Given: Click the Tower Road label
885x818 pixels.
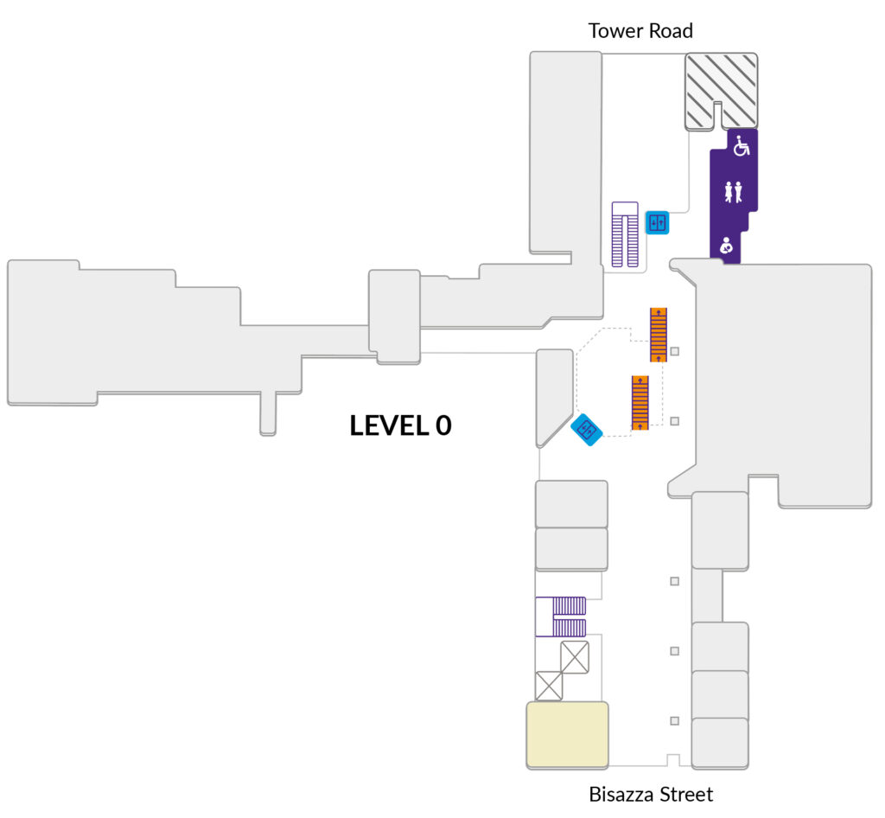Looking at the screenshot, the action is pyautogui.click(x=640, y=30).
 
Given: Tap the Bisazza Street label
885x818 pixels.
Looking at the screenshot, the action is pyautogui.click(x=651, y=795).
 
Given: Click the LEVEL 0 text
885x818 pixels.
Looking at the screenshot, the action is pyautogui.click(x=401, y=425).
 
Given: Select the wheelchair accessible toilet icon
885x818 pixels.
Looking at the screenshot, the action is pyautogui.click(x=742, y=145).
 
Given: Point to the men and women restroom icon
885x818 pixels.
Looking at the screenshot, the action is pyautogui.click(x=733, y=192).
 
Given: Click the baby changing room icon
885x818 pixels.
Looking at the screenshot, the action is pyautogui.click(x=726, y=246).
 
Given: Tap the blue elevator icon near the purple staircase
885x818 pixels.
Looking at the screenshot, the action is pyautogui.click(x=657, y=222).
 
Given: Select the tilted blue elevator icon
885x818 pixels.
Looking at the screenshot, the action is pyautogui.click(x=587, y=430).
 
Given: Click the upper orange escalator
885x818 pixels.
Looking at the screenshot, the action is pyautogui.click(x=659, y=335).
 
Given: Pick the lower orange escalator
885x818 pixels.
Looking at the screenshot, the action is pyautogui.click(x=640, y=402).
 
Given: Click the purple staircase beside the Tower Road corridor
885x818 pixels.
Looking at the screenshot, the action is pyautogui.click(x=625, y=234).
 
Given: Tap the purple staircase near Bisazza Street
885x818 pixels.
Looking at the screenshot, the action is pyautogui.click(x=560, y=617).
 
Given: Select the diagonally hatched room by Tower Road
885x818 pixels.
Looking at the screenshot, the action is pyautogui.click(x=722, y=91).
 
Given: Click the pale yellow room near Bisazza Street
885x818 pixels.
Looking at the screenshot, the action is pyautogui.click(x=567, y=734).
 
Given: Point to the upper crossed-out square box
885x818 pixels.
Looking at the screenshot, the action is pyautogui.click(x=575, y=657).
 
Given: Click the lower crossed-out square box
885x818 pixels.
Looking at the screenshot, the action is pyautogui.click(x=549, y=686).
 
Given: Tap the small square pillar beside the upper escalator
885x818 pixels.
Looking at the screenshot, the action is pyautogui.click(x=674, y=351).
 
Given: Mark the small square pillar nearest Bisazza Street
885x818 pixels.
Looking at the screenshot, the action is pyautogui.click(x=674, y=721).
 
